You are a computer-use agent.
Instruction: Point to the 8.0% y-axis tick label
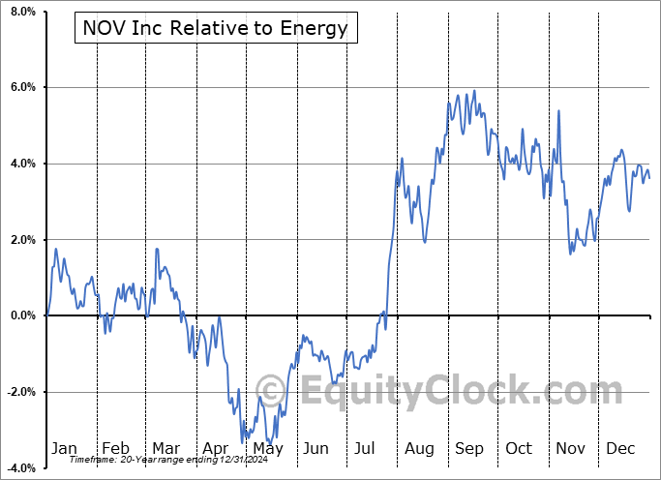point(21,12)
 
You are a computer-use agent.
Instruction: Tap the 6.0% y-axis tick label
point(21,88)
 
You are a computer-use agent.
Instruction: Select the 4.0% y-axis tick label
point(21,164)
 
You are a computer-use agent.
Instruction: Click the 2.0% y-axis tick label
point(21,240)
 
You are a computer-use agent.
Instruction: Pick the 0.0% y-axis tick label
point(21,315)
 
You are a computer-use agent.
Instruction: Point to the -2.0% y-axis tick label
point(19,392)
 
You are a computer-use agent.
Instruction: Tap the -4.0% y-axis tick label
point(19,467)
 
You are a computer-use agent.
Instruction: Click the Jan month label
point(64,448)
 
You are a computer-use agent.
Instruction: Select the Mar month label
point(165,448)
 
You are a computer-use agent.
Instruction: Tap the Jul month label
point(366,448)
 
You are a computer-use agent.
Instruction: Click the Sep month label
point(468,448)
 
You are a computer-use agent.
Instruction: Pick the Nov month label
point(570,448)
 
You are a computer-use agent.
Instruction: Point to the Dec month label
point(621,448)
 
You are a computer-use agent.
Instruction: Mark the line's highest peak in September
point(474,91)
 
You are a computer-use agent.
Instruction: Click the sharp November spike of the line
point(559,110)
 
